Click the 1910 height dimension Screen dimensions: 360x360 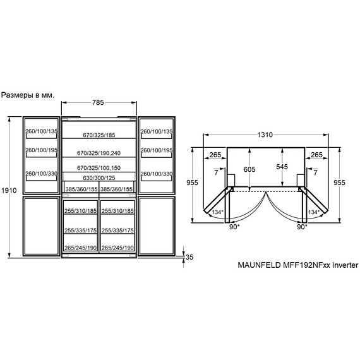[x=7, y=190]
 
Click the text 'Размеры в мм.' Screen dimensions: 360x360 [x=28, y=95]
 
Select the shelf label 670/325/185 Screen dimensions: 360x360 [x=99, y=136]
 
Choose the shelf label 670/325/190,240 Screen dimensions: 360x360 [x=99, y=153]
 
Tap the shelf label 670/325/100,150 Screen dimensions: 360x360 [x=99, y=168]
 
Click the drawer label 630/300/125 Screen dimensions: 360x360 [x=99, y=178]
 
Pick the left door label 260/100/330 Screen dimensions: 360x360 [x=41, y=174]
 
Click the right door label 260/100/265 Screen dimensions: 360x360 [x=155, y=152]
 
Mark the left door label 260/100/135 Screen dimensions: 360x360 [x=41, y=131]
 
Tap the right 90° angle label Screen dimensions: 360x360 [x=301, y=226]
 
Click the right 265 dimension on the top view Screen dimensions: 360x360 [x=316, y=155]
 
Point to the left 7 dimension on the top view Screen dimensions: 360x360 [x=216, y=172]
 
